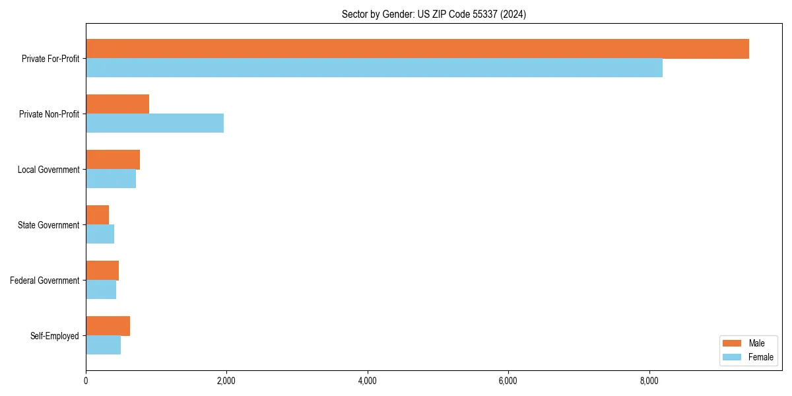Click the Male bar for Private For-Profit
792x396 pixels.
(x=417, y=49)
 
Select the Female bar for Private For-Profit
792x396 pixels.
(x=374, y=68)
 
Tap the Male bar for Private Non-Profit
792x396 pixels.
(x=117, y=104)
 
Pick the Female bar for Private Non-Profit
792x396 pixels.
(x=154, y=123)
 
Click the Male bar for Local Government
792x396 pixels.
(x=113, y=160)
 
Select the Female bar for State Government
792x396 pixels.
(x=100, y=234)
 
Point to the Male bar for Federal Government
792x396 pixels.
(x=102, y=271)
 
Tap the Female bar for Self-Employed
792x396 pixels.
(x=103, y=345)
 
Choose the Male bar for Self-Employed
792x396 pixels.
(x=108, y=326)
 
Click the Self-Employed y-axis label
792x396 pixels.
(x=55, y=336)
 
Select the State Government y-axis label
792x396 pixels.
(x=49, y=225)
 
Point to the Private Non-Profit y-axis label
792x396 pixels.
(x=49, y=114)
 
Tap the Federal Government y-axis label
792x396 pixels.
(x=45, y=280)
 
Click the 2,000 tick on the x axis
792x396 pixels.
(x=226, y=381)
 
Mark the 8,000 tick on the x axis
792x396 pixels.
(x=649, y=381)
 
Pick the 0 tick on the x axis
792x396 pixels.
(x=86, y=381)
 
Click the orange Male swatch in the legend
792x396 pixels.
(x=732, y=343)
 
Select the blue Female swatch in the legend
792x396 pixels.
(x=732, y=357)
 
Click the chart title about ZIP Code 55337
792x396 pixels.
(x=434, y=14)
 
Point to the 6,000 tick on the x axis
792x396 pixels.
(x=508, y=381)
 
